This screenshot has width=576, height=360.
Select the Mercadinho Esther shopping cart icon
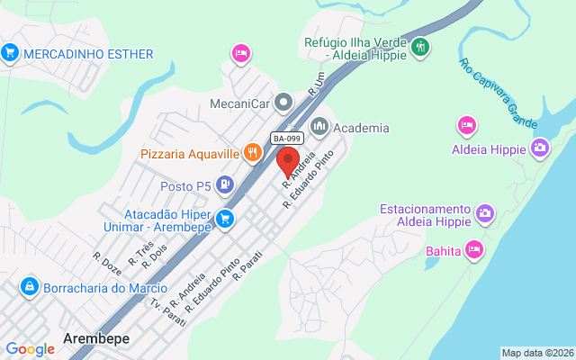(11, 53)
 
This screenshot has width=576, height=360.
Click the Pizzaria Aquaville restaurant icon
(255, 154)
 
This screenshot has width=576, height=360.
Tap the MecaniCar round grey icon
(283, 101)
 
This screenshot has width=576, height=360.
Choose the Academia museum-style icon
(319, 128)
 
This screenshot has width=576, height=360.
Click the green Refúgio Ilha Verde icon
(420, 47)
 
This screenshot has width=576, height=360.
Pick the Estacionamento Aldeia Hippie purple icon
(485, 213)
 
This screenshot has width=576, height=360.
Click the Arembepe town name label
(96, 338)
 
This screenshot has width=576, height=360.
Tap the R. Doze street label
(107, 262)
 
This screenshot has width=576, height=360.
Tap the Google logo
(30, 349)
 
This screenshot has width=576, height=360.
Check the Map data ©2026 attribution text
(537, 353)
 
